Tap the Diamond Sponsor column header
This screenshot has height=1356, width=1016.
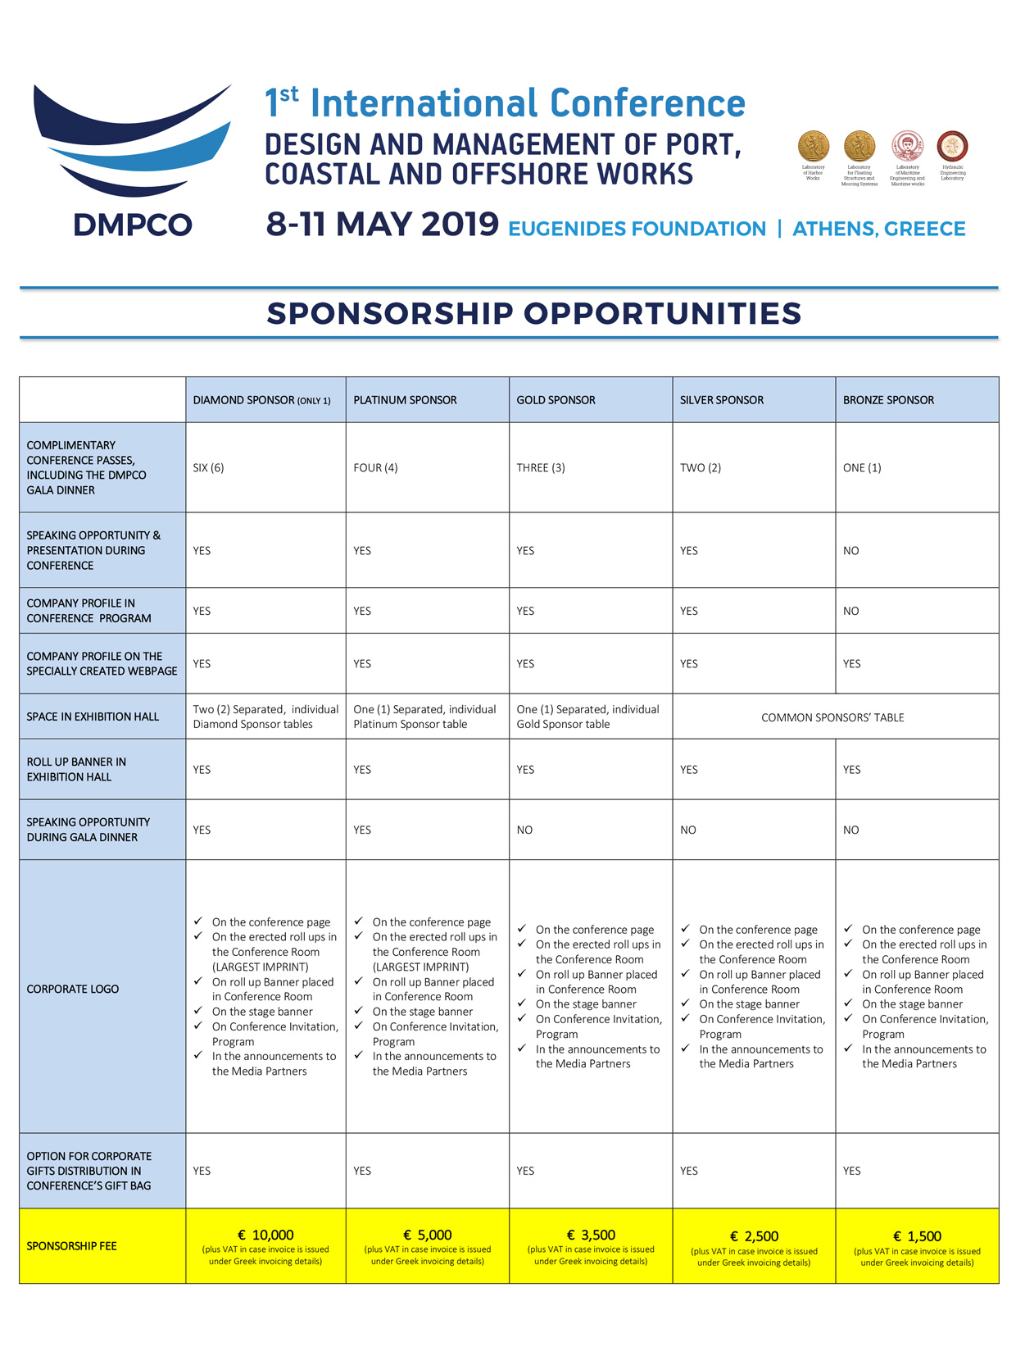[x=261, y=400]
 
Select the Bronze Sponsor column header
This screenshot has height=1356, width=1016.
[x=888, y=400]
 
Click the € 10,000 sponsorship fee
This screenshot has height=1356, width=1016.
[x=265, y=1235]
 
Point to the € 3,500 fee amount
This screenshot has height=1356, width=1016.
[x=591, y=1235]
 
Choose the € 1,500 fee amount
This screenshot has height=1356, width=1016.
[x=917, y=1236]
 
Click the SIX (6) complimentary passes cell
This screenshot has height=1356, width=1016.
[x=208, y=468]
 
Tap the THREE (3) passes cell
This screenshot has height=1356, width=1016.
[x=540, y=468]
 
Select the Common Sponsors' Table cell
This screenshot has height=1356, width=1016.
[x=832, y=717]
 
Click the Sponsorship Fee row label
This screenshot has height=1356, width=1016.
[x=71, y=1246]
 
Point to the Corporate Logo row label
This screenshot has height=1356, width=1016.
[x=73, y=990]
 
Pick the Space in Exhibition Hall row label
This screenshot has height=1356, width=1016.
[x=93, y=717]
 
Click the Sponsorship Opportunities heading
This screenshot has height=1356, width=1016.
[x=533, y=313]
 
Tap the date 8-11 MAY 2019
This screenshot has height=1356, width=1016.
[x=382, y=224]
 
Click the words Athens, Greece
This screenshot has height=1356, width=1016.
[x=878, y=229]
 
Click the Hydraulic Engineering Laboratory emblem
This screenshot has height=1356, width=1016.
[x=952, y=147]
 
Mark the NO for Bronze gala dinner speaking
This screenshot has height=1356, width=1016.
[x=851, y=830]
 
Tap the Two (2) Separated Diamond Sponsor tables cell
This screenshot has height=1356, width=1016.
[x=265, y=717]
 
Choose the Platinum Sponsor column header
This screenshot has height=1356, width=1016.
[x=405, y=400]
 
